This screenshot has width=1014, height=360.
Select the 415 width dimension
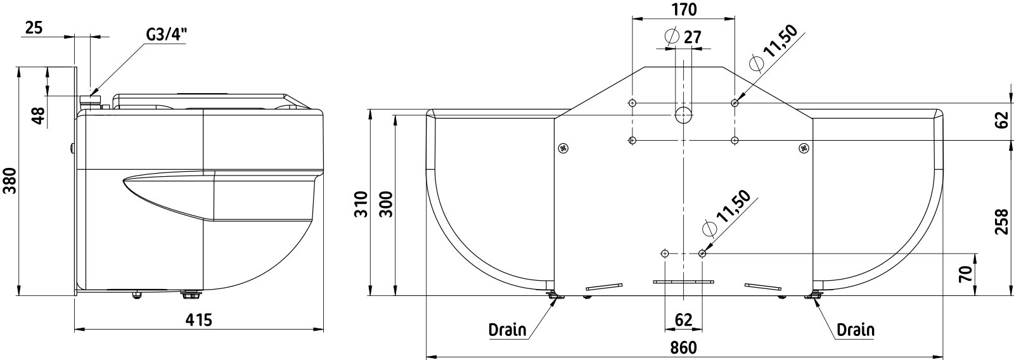[x=199, y=320]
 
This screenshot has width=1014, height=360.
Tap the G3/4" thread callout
[x=166, y=35]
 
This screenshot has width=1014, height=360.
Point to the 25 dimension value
[x=34, y=28]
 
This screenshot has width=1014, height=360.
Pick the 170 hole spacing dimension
[x=684, y=9]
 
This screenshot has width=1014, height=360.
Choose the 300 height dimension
[x=386, y=204]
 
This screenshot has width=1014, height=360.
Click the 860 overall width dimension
[x=684, y=348]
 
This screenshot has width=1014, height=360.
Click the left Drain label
[x=508, y=330]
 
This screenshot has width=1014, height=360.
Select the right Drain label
[x=856, y=330]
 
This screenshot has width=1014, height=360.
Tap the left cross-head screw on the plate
[x=563, y=148]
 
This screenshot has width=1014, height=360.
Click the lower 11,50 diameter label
[x=726, y=214]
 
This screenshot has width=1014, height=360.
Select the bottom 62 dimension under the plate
[x=684, y=320]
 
